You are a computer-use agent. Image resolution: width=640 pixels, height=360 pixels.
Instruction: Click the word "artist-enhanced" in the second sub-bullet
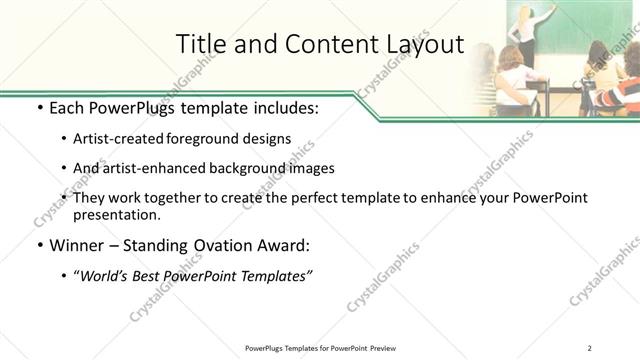click(152, 168)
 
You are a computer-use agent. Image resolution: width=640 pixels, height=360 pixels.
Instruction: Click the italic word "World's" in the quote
click(104, 276)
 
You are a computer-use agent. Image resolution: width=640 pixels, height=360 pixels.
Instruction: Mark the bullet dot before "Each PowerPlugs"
click(39, 108)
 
